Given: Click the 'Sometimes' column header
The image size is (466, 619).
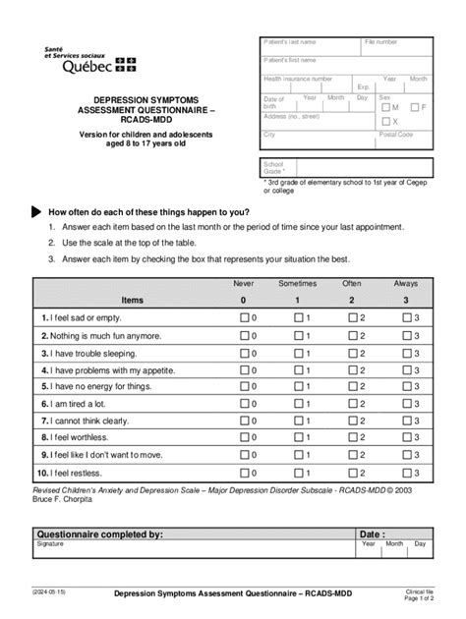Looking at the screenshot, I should coord(297,283).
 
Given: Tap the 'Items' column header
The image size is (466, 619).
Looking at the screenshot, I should coord(132,300).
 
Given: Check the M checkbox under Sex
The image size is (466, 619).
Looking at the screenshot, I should coord(386,106).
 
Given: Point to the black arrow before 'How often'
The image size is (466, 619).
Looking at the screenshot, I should coord(37,212).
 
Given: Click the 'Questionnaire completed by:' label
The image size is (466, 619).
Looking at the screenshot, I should coord(98,534).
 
